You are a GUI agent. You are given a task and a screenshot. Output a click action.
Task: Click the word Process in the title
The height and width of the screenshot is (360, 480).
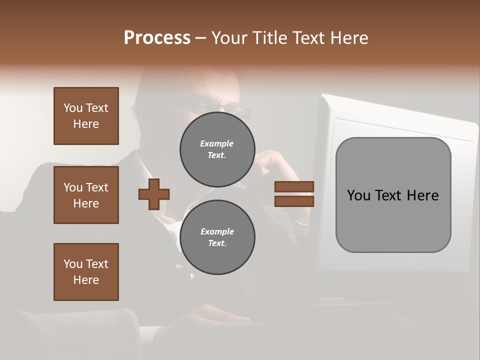(157, 38)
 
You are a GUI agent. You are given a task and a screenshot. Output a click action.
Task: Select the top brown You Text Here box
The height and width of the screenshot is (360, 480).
(86, 116)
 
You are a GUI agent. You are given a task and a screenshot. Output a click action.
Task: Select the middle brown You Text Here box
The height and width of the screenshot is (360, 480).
(86, 195)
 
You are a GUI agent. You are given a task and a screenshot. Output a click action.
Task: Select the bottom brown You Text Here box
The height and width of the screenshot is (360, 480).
(86, 272)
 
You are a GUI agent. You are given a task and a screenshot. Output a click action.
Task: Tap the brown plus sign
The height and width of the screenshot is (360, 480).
(154, 194)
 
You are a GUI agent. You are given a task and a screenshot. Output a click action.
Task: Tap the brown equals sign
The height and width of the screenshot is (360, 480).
(294, 194)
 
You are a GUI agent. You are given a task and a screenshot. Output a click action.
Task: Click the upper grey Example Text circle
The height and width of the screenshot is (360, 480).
(217, 149)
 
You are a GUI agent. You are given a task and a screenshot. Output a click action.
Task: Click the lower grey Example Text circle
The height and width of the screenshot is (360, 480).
(217, 237)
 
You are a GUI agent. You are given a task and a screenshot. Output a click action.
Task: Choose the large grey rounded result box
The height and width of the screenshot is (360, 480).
(393, 195)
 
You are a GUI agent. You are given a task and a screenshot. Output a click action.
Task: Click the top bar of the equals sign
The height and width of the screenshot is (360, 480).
(294, 186)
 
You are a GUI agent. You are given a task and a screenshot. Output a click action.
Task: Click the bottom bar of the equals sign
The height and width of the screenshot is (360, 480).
(294, 201)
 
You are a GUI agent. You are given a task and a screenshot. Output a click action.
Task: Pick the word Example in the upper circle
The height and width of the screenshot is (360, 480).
(217, 143)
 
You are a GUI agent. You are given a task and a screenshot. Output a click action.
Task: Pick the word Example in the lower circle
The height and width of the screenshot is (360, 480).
(217, 231)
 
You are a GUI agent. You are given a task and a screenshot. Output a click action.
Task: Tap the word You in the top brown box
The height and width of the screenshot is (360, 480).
(73, 108)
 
